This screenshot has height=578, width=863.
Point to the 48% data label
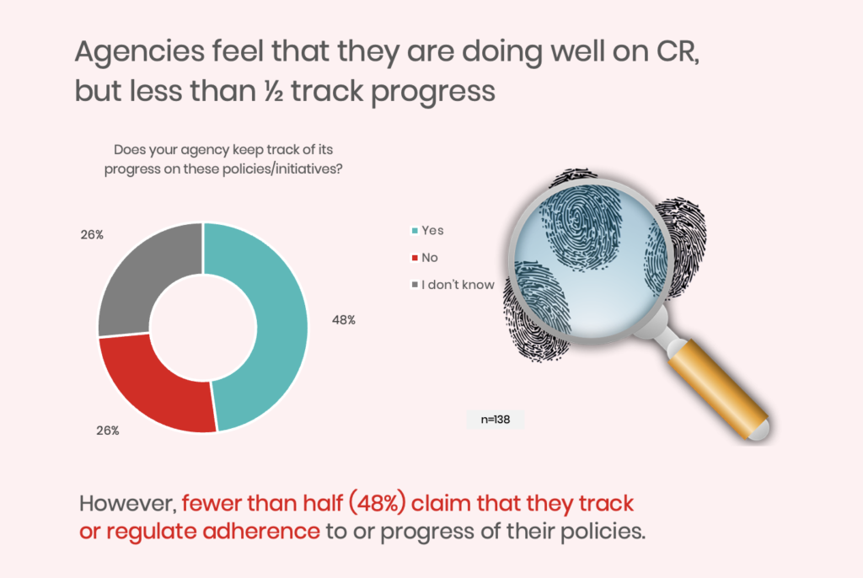pos(344,320)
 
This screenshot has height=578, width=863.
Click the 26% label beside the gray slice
pos(92,234)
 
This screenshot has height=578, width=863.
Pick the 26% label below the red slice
pos(107,431)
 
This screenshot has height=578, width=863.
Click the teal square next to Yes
pos(415,231)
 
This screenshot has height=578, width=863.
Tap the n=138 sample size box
pos(495,420)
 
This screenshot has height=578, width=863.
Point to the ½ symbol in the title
pos(274,91)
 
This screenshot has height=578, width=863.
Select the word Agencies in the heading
pos(140,52)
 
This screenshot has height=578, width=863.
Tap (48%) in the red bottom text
pos(378,503)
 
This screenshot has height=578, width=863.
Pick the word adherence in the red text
pos(261,531)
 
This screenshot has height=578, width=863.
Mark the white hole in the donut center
pos(203,327)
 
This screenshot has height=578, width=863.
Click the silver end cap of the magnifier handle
pos(760,430)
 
